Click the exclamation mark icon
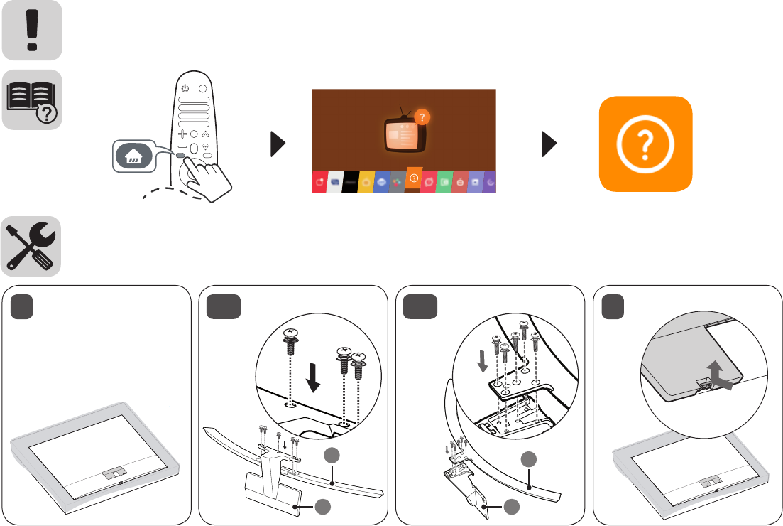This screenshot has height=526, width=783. coord(31,30)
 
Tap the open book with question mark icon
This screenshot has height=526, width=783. coord(31,100)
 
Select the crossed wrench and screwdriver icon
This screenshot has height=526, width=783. coord(31,246)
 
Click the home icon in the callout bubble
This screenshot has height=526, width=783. coord(133,157)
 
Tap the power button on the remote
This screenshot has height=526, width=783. coord(185,88)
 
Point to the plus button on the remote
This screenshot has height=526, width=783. coord(182,134)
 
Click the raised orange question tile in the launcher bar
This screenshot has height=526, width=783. coord(413,176)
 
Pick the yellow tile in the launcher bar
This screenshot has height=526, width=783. coord(366,182)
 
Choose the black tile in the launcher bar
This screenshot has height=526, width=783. coord(351,182)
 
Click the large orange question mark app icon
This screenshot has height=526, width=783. coord(645,144)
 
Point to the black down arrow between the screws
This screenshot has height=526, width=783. coord(312,377)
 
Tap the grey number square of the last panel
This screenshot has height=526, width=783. coord(613,306)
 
